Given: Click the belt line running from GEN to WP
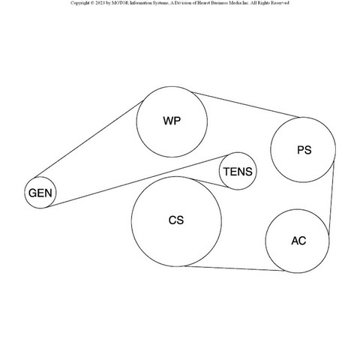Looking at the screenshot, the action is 89,139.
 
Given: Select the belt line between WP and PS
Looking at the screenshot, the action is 246,105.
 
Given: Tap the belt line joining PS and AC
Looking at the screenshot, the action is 331,198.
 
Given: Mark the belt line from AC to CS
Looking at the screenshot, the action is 235,268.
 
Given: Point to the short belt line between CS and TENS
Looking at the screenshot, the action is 211,183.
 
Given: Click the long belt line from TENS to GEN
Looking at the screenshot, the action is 138,181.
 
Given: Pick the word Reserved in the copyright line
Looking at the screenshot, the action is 280,3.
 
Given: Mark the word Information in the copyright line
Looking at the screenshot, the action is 137,3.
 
